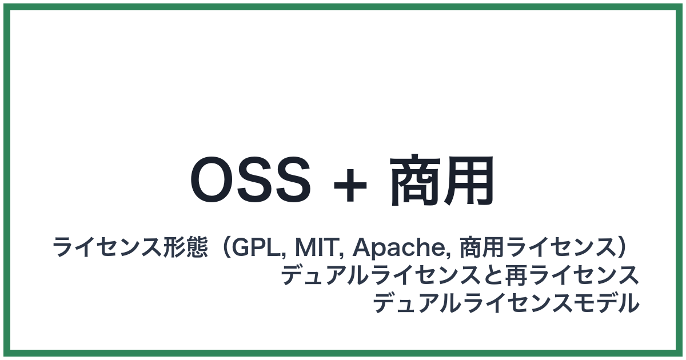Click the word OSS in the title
250,181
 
